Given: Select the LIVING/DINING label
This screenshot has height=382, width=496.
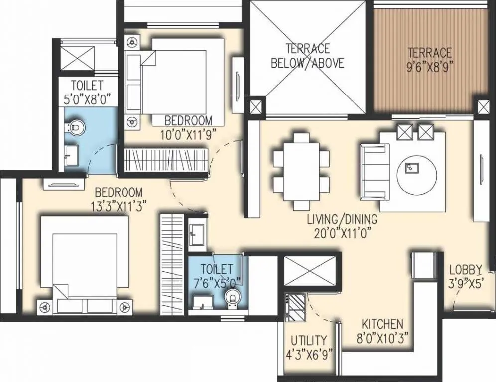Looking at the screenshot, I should point(342,219).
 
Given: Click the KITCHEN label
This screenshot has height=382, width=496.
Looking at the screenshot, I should point(382,324).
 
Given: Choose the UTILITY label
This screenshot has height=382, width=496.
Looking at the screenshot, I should point(309,341).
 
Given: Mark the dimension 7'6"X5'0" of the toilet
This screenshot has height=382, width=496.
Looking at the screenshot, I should point(217,282).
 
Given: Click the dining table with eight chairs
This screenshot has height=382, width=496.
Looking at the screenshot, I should point(301,171).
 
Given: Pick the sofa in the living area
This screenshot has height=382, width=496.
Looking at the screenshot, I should point(374,171).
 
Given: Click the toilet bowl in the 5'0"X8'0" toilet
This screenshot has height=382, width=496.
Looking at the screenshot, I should point(73,128).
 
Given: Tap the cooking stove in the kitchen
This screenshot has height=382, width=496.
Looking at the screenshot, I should point(297,308).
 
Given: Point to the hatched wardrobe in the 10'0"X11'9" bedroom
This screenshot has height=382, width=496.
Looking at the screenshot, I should point(164,160).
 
